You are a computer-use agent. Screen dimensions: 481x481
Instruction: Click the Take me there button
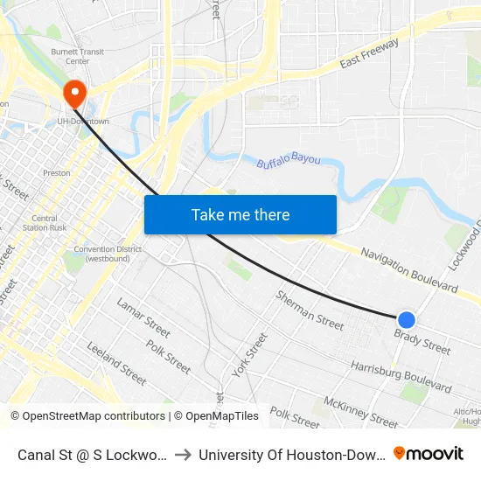(240, 214)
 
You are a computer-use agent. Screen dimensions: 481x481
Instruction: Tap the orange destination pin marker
(73, 94)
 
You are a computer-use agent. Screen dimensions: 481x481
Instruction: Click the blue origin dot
(407, 320)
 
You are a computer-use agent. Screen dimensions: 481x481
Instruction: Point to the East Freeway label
(369, 54)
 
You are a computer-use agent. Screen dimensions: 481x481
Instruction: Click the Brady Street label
(422, 341)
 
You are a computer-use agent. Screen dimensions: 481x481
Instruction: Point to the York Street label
(251, 355)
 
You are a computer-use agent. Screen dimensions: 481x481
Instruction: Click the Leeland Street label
(116, 362)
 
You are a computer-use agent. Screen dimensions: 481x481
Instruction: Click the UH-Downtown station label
(83, 121)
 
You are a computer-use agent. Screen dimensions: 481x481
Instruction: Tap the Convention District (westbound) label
(107, 254)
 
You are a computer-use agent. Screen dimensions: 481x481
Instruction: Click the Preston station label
(56, 173)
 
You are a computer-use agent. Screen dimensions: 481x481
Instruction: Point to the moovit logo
(429, 453)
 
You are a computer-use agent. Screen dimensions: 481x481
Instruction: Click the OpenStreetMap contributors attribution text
(87, 416)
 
